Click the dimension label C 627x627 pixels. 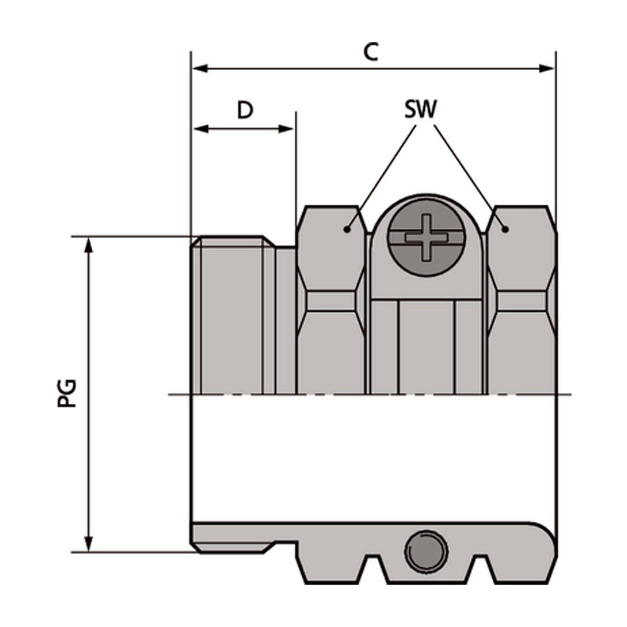point(370,52)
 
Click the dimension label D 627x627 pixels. point(245,110)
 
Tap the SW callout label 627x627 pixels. point(420,110)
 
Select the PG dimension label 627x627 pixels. point(67,393)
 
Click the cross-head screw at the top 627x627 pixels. point(426,237)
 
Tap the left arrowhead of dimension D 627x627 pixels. point(201,129)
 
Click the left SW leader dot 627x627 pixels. point(347,229)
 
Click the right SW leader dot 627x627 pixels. point(505,229)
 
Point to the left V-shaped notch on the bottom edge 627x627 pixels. point(376,568)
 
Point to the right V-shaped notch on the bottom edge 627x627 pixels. point(482,568)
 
